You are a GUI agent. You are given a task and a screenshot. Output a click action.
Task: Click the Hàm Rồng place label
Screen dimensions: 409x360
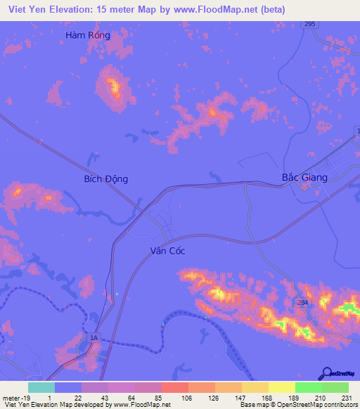pyautogui.click(x=88, y=34)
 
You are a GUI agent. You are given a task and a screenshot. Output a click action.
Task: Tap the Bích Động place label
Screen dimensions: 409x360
pyautogui.click(x=105, y=179)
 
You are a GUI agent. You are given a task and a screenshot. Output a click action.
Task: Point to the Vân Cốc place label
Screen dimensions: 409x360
pyautogui.click(x=167, y=251)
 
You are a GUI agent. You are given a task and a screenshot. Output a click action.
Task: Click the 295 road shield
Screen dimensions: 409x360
pyautogui.click(x=310, y=24)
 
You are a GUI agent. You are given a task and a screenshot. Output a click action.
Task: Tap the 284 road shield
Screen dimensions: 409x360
pyautogui.click(x=302, y=302)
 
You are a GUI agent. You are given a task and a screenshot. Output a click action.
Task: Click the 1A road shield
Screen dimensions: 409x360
pyautogui.click(x=94, y=339)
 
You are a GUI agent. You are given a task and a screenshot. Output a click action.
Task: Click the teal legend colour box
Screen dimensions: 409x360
pyautogui.click(x=41, y=387)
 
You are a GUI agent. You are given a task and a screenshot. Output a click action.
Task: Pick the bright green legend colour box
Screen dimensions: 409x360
pyautogui.click(x=308, y=387)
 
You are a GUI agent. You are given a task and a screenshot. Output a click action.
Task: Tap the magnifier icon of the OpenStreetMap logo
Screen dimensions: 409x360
pyautogui.click(x=327, y=372)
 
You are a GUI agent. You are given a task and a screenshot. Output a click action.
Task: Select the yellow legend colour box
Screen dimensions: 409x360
pyautogui.click(x=281, y=387)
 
